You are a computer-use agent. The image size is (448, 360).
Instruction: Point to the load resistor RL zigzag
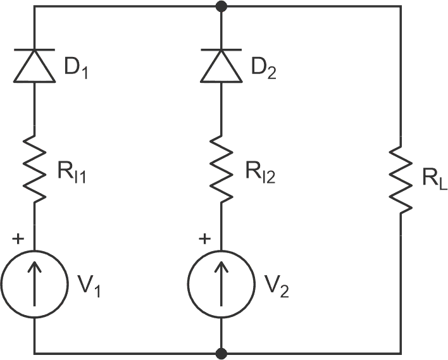tap(401, 179)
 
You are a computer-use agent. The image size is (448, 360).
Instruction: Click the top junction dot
tap(221, 6)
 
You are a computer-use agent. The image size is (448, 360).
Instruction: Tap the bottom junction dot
tap(221, 352)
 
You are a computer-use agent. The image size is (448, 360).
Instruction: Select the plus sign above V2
tap(204, 239)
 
